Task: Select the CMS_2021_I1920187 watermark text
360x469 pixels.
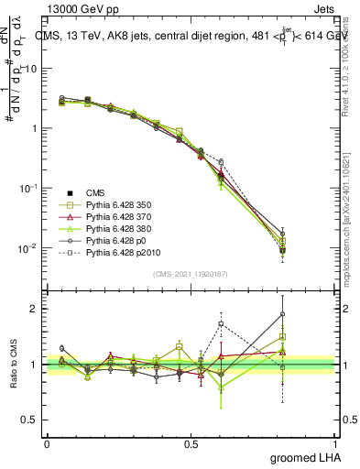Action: click(x=191, y=273)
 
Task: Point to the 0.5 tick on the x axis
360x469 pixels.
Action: click(x=191, y=443)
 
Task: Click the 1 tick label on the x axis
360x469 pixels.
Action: click(x=336, y=443)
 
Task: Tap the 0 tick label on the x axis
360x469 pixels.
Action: click(x=47, y=443)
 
